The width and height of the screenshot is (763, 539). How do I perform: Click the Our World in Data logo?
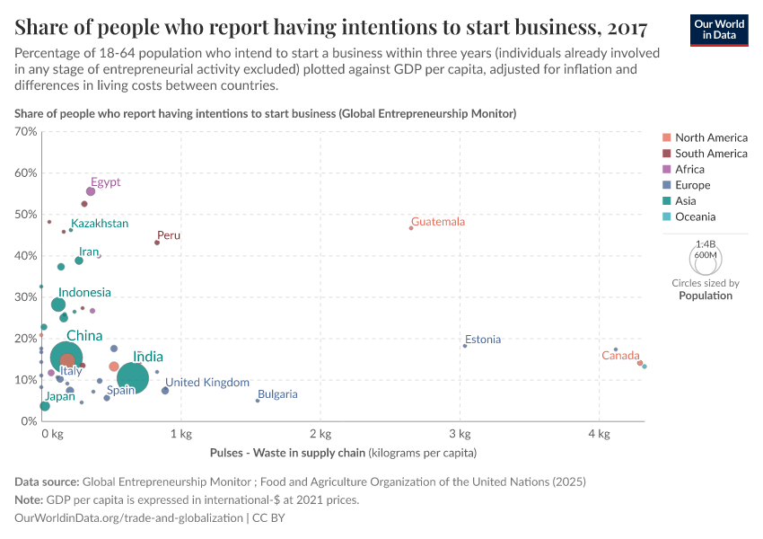719,29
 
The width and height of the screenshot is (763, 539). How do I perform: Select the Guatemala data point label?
438,222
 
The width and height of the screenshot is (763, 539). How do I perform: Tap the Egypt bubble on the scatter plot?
91,191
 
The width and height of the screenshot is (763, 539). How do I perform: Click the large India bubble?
133,378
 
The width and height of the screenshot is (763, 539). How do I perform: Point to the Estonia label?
483,340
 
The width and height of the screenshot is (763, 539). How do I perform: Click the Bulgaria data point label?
277,394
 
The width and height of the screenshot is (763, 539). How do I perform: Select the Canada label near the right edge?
620,356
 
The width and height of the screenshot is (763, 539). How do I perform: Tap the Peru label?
169,235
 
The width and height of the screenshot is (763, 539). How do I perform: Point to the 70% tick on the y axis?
26,132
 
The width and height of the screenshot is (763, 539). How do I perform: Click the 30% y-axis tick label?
26,297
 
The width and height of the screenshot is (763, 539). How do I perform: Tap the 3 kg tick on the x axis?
460,435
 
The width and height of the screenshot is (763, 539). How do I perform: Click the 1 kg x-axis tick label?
181,435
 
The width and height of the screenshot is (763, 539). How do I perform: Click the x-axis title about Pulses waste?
343,453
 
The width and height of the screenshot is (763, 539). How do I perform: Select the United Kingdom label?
207,383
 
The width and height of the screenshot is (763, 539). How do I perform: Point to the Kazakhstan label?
100,224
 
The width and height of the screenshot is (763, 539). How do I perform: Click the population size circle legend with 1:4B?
706,259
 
